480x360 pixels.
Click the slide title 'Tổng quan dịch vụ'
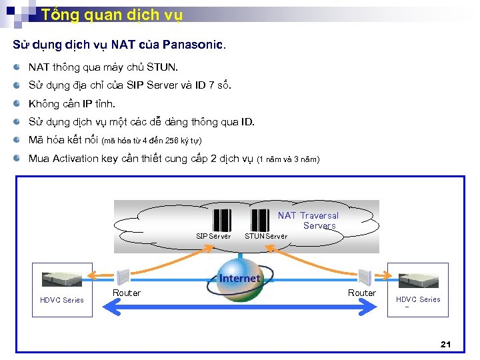111,15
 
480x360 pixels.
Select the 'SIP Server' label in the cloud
213,236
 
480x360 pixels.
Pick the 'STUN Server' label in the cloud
266,236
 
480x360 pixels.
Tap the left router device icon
123,276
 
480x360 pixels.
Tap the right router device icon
364,277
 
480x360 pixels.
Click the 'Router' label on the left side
127,293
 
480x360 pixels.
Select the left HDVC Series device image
61,279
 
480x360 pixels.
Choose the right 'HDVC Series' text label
418,299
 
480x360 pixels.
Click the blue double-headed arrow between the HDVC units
240,308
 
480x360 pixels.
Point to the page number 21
446,344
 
